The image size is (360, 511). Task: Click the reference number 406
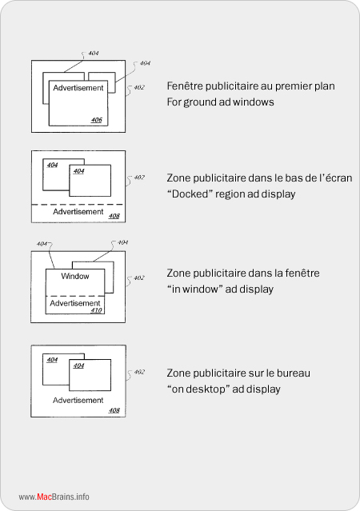[97, 120]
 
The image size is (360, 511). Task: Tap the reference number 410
[96, 310]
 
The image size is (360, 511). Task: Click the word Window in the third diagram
[75, 277]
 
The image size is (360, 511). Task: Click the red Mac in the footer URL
[44, 497]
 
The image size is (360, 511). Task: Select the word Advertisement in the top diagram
[78, 88]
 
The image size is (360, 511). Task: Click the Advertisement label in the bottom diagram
[78, 400]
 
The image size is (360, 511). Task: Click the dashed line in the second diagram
[78, 205]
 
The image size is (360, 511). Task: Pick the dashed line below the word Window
[75, 296]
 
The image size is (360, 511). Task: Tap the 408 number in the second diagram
[114, 216]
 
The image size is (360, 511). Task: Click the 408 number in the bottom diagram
[114, 410]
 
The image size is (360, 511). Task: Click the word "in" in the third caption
[176, 289]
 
